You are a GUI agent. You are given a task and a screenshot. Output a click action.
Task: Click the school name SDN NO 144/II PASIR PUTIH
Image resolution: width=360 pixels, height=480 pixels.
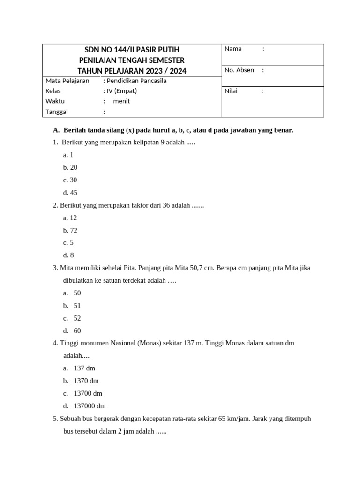click(x=132, y=50)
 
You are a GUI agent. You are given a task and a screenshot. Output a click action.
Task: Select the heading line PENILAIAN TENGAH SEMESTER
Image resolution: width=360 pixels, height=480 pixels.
click(x=132, y=60)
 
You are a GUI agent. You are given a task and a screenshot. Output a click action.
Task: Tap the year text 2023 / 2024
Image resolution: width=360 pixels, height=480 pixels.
click(x=165, y=71)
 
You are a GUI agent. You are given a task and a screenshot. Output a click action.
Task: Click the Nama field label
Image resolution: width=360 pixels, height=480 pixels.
click(x=233, y=49)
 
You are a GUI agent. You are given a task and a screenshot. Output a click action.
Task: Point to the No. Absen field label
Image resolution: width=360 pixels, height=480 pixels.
click(x=239, y=70)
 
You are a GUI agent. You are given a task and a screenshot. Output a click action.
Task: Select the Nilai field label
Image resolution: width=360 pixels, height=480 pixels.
click(x=231, y=91)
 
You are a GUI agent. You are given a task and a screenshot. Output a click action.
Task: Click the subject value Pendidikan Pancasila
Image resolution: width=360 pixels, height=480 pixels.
click(x=136, y=81)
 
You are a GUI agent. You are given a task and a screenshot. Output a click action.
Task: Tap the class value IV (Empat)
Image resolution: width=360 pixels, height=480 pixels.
click(x=121, y=91)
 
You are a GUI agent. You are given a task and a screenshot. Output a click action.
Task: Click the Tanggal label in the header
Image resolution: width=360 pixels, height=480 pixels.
click(x=57, y=112)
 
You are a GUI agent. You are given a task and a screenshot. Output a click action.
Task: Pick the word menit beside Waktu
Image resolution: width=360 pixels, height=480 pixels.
click(x=121, y=101)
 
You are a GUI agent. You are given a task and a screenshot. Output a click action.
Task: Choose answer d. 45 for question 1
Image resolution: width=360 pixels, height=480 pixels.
click(x=70, y=193)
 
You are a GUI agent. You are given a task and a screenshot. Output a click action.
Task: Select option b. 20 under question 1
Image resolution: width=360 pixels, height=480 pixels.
click(x=70, y=167)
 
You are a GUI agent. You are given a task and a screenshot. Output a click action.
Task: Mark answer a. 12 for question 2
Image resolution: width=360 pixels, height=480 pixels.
click(x=70, y=218)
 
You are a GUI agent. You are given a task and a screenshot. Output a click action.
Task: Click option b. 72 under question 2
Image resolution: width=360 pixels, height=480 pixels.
click(x=70, y=231)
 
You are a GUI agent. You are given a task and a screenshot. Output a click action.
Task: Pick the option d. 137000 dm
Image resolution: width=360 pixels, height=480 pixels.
click(x=84, y=406)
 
